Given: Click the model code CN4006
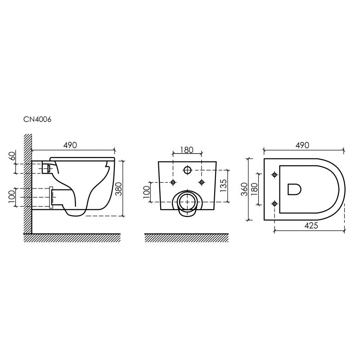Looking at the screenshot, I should tap(38, 120).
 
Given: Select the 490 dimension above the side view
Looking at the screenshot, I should tap(70, 145).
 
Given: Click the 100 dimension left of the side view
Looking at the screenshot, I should tap(12, 196).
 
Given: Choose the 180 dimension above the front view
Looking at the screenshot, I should tap(187, 149).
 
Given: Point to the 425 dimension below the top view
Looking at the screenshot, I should tap(310, 225).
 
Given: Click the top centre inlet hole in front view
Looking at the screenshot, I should tap(188, 170).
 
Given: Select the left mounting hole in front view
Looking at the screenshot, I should tap(173, 182).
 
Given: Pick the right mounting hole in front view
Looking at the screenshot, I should tap(202, 182).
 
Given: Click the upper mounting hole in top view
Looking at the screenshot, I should tap(274, 175).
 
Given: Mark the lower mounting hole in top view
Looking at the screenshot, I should tap(274, 203).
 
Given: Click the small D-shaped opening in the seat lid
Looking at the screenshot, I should tap(294, 189).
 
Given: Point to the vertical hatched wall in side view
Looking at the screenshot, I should tap(27, 184).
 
